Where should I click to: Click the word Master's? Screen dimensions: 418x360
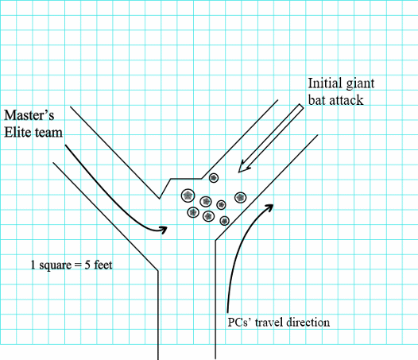[x=29, y=115]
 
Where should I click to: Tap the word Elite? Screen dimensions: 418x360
[x=17, y=132]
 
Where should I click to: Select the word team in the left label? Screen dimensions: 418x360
[x=48, y=133]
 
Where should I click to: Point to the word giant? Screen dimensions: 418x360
[x=357, y=84]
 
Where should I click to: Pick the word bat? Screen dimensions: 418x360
[x=317, y=100]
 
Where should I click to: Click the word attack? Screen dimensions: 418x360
[x=346, y=100]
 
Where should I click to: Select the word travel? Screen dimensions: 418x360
[x=269, y=322]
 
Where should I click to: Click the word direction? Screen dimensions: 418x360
[x=308, y=322]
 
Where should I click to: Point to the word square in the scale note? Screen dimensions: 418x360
[x=56, y=265]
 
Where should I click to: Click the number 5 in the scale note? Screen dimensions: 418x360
[x=87, y=265]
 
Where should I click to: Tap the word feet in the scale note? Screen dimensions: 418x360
[x=103, y=265]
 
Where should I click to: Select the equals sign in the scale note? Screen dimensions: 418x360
[x=78, y=265]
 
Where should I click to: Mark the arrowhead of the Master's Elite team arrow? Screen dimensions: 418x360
[x=163, y=230]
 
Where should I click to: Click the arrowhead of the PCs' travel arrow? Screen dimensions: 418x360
[x=269, y=207]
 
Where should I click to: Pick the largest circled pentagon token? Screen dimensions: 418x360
[x=188, y=195]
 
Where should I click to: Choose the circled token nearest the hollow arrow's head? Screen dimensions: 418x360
[x=214, y=177]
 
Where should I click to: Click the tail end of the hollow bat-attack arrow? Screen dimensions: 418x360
[x=301, y=106]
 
